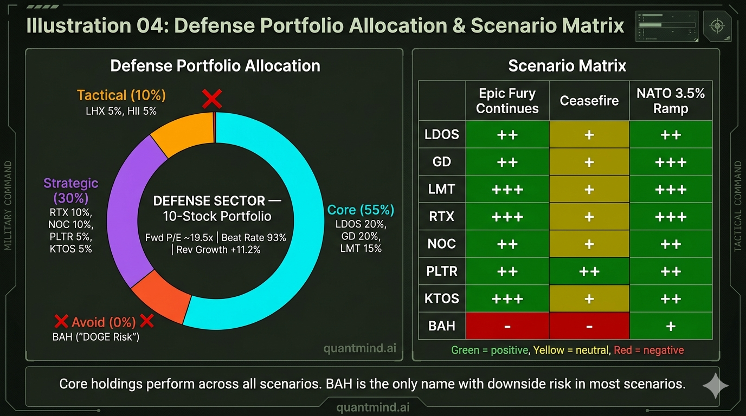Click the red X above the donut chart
coord(212,99)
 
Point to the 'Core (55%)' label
coord(361,210)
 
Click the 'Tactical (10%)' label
coord(121,95)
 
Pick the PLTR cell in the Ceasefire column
coord(589,271)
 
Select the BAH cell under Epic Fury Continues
coord(507,326)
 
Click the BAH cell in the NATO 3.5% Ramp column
coord(671,326)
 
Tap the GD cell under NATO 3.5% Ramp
coord(671,162)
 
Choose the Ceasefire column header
coord(589,101)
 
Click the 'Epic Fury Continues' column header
coord(507,101)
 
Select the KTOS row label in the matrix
coord(442,298)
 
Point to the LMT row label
coord(442,190)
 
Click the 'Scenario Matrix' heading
coord(567,66)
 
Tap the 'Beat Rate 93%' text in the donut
coord(254,238)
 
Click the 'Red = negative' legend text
coord(649,350)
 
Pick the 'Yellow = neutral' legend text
coord(571,350)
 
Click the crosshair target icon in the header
coord(717,26)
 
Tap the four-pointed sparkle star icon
coord(715,386)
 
